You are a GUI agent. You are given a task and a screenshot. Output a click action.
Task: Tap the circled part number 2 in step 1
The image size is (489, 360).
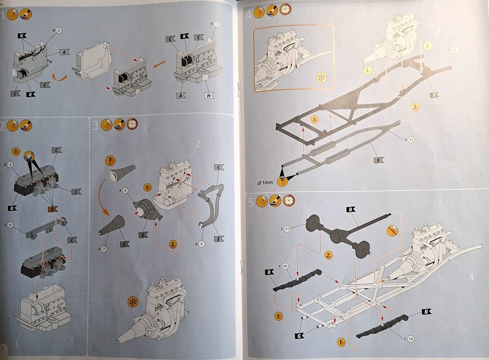[59, 30]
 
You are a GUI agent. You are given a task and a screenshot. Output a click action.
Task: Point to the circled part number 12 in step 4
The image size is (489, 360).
[411, 140]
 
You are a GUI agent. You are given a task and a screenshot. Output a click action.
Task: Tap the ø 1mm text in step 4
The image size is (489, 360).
[267, 182]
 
